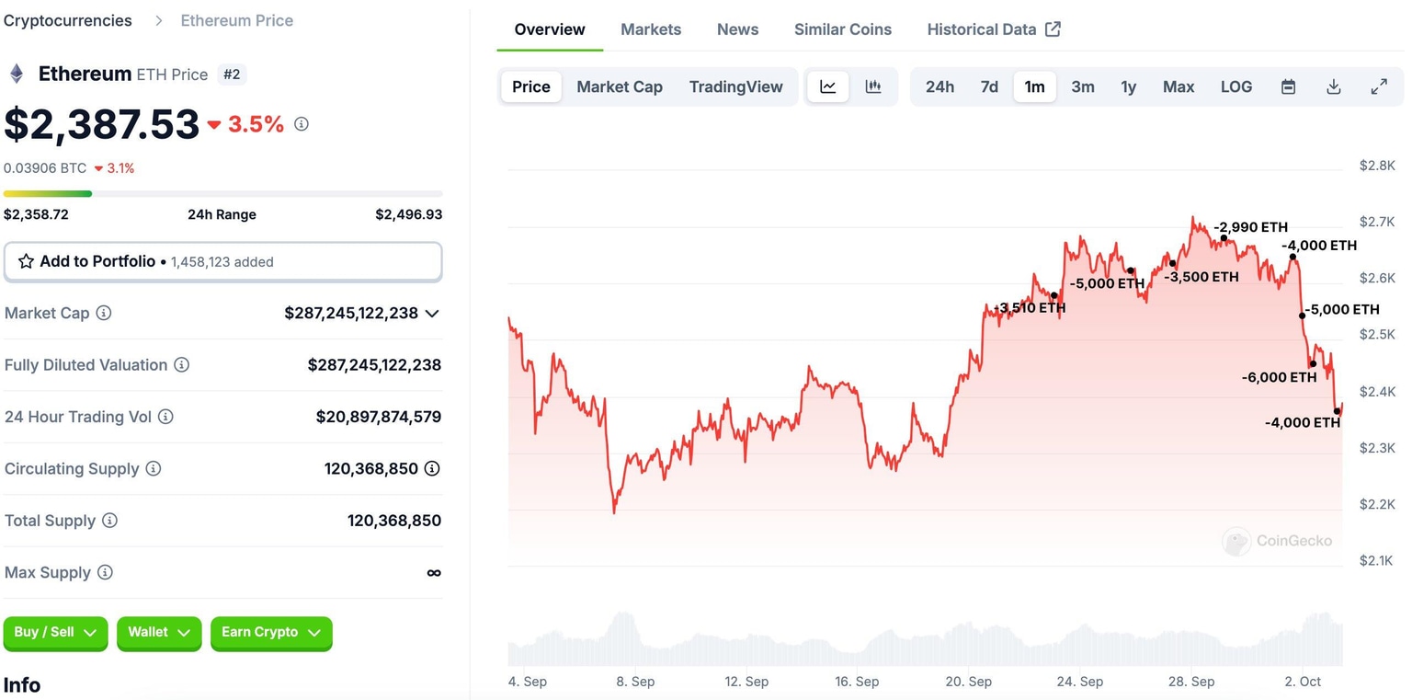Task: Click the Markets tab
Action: click(x=651, y=29)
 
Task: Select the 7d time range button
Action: click(x=989, y=86)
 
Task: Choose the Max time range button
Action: click(x=1178, y=86)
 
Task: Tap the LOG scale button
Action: click(x=1235, y=86)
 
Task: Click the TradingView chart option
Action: click(x=735, y=86)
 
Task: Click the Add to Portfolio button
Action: click(x=223, y=261)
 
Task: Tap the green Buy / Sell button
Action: click(x=55, y=633)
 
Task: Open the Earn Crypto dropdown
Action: click(x=270, y=633)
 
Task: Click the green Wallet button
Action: click(x=158, y=633)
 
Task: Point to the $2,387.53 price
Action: click(x=102, y=124)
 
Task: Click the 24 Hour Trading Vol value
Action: click(x=378, y=417)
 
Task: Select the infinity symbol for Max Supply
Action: click(x=434, y=573)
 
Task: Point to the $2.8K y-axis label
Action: click(x=1376, y=166)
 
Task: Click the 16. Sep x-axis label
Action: click(x=857, y=682)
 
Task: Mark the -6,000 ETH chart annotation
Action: click(x=1279, y=377)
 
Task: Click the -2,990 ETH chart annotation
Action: click(x=1250, y=227)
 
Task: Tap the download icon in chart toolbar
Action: click(x=1333, y=86)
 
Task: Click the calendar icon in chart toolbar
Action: click(x=1288, y=86)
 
